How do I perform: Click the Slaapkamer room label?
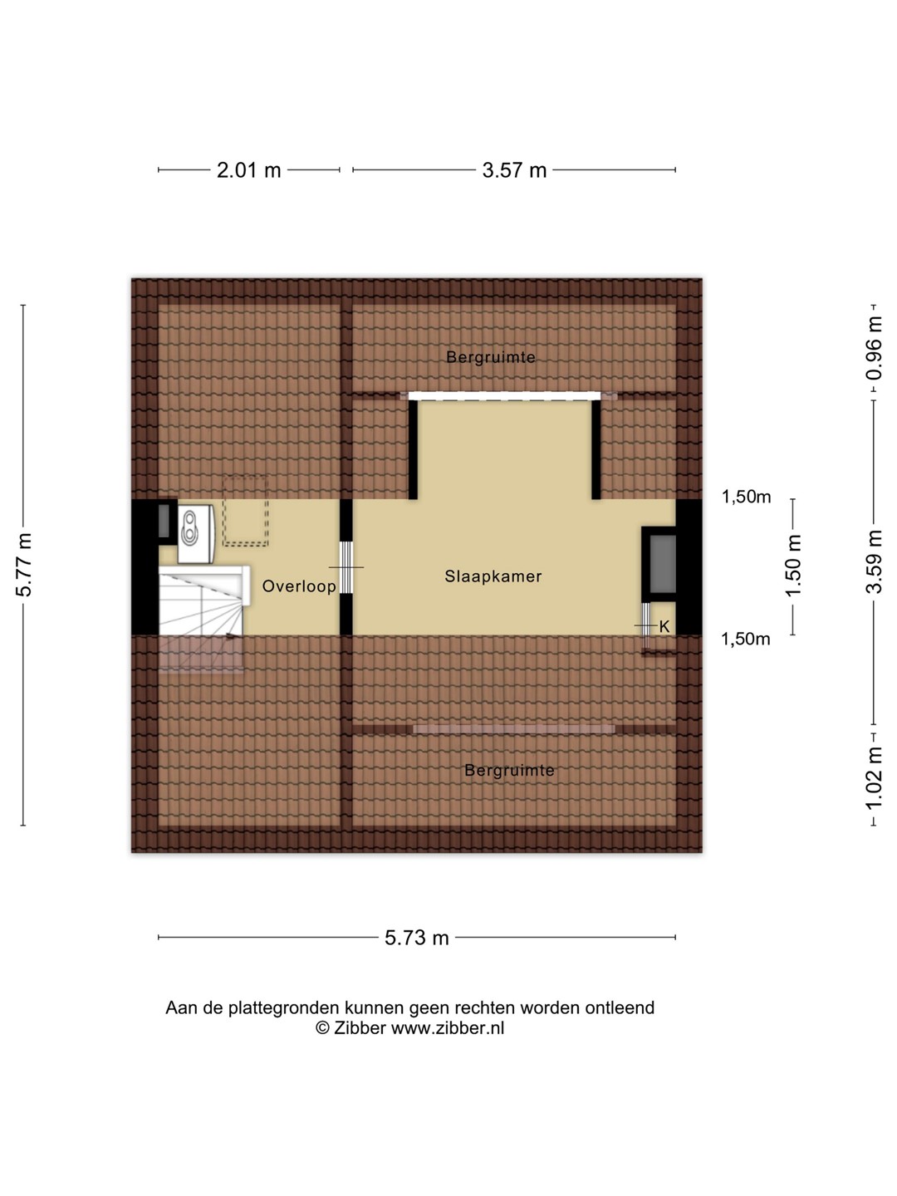(x=493, y=576)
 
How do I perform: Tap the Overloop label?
(x=299, y=586)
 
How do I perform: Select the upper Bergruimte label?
(x=491, y=357)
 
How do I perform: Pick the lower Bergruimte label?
(x=509, y=771)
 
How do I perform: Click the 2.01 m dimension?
(x=249, y=170)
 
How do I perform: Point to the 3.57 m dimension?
(x=514, y=170)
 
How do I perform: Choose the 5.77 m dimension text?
(x=25, y=565)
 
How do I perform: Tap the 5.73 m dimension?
(x=417, y=938)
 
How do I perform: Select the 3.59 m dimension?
(x=874, y=561)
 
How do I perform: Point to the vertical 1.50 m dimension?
(x=793, y=566)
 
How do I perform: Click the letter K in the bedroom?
(x=664, y=626)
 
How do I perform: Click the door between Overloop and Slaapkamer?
(x=346, y=567)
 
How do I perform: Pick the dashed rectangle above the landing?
(x=244, y=510)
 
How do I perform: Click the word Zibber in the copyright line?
(x=360, y=1028)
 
